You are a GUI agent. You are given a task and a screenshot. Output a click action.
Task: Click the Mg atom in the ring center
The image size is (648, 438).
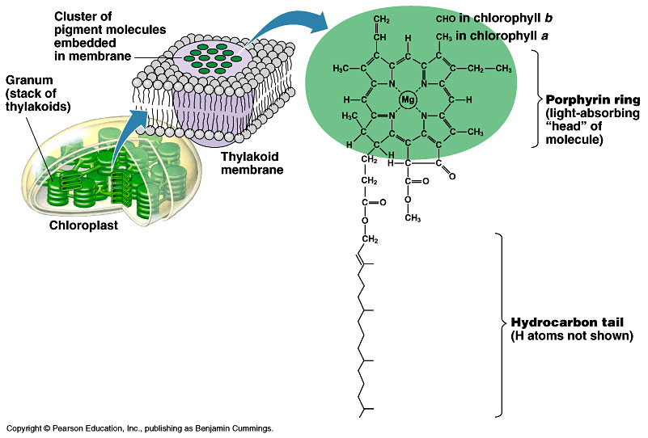tap(409, 100)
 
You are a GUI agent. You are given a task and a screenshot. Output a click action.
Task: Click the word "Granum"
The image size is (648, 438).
tap(27, 81)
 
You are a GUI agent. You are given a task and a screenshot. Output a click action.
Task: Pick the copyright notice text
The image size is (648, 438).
tap(140, 427)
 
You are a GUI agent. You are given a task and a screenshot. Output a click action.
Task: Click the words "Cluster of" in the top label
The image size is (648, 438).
tap(83, 16)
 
